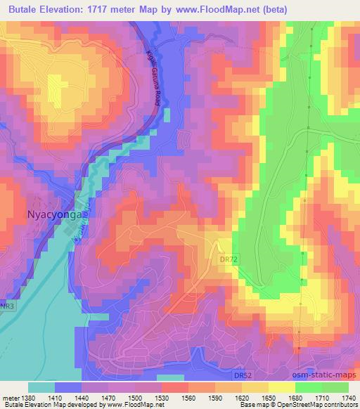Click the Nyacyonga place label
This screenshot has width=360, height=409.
(56, 213)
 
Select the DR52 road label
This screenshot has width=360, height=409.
(243, 375)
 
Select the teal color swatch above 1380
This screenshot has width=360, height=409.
(41, 387)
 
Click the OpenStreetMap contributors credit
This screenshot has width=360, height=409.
(319, 405)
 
